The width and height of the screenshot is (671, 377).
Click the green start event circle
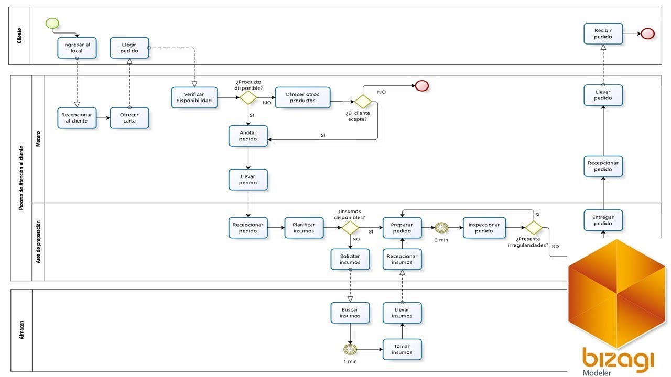tap(52, 24)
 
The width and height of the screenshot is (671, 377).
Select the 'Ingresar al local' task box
tap(77, 48)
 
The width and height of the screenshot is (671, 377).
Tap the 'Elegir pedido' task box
tap(129, 48)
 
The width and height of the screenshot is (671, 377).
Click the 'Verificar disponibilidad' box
tap(194, 97)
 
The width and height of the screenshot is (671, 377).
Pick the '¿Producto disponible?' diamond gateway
tap(248, 97)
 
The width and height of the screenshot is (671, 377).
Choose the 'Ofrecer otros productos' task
tap(302, 97)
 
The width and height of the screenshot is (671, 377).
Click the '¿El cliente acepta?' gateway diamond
tap(363, 102)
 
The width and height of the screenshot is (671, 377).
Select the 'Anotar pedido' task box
tap(248, 136)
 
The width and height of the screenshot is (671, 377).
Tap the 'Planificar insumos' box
tap(304, 228)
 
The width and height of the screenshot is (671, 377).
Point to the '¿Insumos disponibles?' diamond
tap(350, 228)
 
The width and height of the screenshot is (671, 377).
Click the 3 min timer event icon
tap(441, 228)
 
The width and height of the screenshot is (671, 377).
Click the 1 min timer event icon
tap(350, 349)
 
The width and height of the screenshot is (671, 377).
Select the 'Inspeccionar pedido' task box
tap(484, 228)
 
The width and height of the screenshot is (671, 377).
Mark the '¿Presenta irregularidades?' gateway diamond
tap(534, 228)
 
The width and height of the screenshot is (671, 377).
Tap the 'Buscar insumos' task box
tap(350, 313)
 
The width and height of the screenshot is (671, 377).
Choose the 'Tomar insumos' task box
tap(402, 349)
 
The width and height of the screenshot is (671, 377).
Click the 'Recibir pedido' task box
tap(603, 34)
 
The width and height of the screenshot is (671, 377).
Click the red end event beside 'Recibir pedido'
tap(647, 34)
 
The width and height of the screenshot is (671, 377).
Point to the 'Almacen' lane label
tap(21, 330)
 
